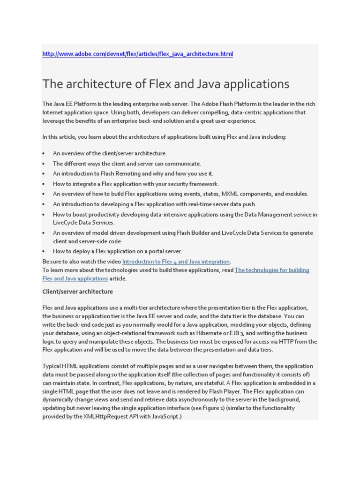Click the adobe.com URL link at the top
point(137,54)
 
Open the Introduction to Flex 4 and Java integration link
point(176,262)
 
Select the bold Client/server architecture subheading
point(77,292)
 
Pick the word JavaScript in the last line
point(164,416)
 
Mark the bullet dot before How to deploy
point(44,251)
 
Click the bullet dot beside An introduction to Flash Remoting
point(44,174)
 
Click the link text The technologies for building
point(271,270)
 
